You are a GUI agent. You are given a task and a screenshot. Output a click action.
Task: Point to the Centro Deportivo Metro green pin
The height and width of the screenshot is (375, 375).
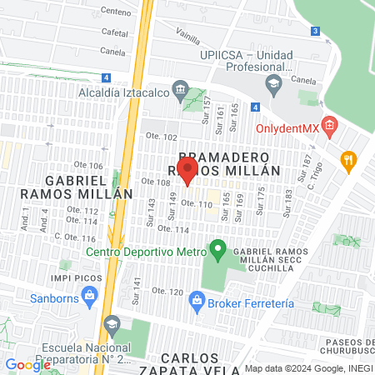[x=217, y=247]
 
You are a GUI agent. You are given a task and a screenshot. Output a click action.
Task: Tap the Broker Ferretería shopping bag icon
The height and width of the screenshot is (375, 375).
[x=197, y=298]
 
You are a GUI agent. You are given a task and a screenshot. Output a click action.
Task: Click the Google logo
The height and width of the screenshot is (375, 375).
[x=28, y=364]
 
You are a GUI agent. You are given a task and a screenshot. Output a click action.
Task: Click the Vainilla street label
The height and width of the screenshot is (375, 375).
[x=188, y=34]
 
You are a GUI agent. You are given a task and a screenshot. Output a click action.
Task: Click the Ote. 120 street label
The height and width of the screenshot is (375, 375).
[x=165, y=292]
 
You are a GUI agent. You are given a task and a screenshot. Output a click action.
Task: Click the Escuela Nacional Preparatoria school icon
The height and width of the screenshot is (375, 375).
[x=111, y=322]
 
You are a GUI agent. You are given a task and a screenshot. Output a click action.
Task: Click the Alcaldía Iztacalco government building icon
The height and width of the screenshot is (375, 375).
[x=179, y=88]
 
